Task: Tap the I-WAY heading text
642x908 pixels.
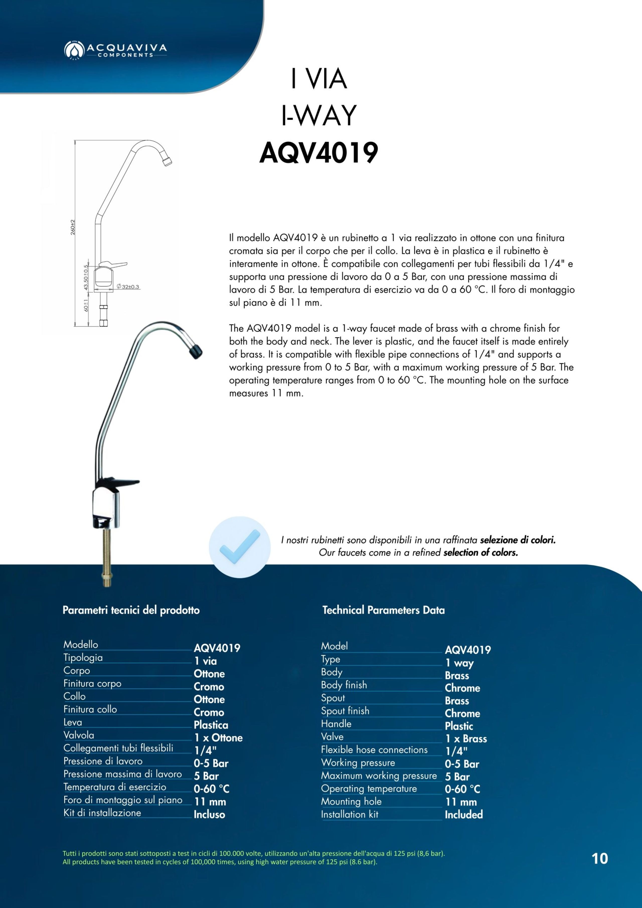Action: point(318,116)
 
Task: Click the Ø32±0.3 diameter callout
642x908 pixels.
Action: point(128,287)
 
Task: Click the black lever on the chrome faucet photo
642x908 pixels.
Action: point(119,483)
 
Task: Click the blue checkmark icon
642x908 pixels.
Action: point(240,547)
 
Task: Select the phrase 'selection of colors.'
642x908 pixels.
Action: point(480,552)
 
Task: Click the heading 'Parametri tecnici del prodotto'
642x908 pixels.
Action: point(131,610)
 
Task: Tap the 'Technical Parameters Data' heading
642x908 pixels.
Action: point(383,610)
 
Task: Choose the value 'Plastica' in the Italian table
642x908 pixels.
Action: point(211,725)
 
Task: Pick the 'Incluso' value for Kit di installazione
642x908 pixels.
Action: point(209,815)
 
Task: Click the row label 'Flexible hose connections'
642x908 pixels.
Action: point(374,750)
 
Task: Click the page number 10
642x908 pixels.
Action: point(600,859)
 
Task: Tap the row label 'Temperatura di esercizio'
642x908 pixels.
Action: point(115,787)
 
